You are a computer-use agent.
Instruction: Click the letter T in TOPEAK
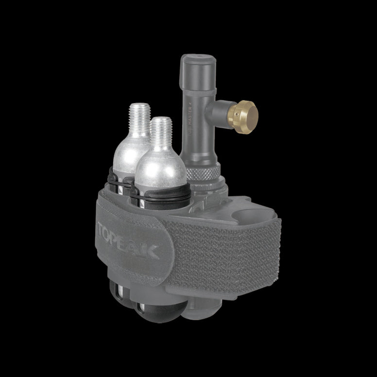(x=103, y=229)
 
